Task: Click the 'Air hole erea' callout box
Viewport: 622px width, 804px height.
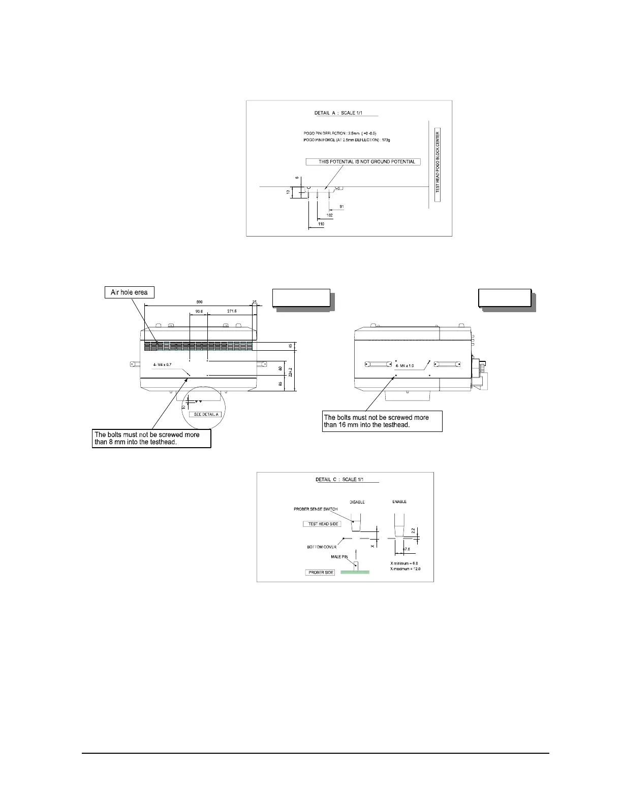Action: [129, 292]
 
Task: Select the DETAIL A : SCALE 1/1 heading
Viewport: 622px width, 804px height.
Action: [345, 113]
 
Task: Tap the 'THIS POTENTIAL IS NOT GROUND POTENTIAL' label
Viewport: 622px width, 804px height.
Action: [363, 162]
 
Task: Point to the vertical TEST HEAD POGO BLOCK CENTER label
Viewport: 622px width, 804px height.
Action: [438, 161]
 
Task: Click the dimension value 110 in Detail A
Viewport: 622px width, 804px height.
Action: [321, 224]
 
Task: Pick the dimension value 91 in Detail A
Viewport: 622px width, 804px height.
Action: [341, 207]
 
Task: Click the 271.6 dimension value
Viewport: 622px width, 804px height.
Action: [229, 311]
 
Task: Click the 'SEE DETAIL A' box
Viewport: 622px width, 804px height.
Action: [206, 415]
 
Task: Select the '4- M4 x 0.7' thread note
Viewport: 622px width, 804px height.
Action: [162, 365]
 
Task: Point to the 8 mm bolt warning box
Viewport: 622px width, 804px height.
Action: [151, 439]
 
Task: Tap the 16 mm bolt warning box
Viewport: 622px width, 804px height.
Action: [382, 421]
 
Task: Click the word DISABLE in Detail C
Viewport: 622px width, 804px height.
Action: [357, 502]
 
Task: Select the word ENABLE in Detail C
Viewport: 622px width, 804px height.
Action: [399, 502]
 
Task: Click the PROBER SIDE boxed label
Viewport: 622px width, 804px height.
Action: [321, 573]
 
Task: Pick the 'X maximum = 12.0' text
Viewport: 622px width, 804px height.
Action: [405, 569]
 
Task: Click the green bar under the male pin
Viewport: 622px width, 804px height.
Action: [355, 572]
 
